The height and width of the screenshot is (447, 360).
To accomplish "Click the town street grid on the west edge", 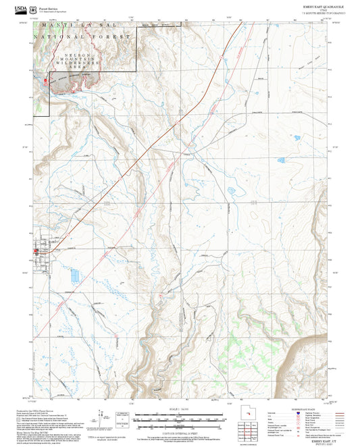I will [44, 251].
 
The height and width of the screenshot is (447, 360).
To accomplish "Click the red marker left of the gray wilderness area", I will [45, 82].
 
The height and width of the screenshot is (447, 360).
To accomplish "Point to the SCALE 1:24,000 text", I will [179, 409].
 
